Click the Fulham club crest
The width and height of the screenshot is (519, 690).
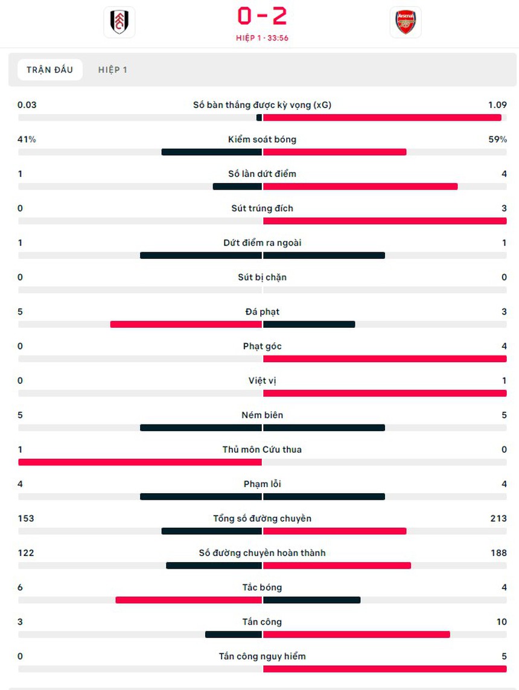point(119,22)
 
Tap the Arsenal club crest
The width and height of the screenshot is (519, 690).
point(405,22)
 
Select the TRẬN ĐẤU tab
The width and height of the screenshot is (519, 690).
point(49,69)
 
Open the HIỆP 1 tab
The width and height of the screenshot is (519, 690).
point(113,69)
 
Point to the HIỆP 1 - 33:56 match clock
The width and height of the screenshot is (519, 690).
point(262,37)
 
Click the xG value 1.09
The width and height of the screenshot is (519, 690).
point(497,104)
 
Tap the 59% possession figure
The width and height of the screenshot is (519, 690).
point(497,139)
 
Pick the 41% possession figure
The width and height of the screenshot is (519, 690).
point(27,139)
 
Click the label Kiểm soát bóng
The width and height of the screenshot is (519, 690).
point(262,139)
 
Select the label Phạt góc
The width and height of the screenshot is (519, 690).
point(262,346)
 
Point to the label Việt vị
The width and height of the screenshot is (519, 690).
point(262,380)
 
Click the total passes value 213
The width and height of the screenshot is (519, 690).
point(498,518)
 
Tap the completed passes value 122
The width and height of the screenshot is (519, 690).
point(26,552)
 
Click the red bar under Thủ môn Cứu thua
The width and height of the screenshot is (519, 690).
point(140,462)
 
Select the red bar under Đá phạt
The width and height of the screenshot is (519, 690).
point(186,324)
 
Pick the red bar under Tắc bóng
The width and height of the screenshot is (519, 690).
point(188,599)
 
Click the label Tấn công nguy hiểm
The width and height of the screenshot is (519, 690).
point(262,656)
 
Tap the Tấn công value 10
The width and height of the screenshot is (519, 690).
point(501,621)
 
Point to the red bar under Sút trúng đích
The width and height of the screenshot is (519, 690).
point(384,221)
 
